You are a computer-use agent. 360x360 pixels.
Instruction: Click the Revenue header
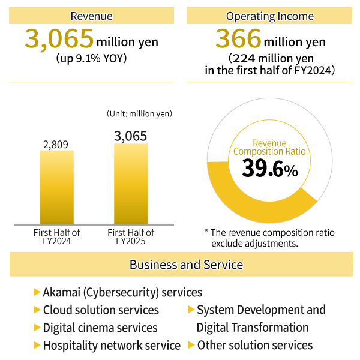pos(91,16)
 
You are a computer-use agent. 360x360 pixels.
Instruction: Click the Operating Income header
pos(269,16)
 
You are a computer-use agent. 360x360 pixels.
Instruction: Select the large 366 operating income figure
pos(238,40)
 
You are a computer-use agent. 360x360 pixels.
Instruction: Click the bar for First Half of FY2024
pos(56,187)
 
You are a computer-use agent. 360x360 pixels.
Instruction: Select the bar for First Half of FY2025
pos(131,184)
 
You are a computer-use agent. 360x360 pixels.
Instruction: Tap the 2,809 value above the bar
pos(56,144)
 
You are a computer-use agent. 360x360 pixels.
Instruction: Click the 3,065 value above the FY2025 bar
pos(131,137)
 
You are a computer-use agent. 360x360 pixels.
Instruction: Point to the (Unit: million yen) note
pos(139,113)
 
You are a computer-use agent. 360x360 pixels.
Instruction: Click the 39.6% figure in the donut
pos(269,169)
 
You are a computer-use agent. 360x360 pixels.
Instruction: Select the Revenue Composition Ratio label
pos(269,148)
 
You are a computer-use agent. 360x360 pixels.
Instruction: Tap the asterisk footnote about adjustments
pos(270,238)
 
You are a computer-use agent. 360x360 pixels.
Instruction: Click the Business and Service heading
pos(186,265)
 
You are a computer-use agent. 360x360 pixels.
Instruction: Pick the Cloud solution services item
pos(101,310)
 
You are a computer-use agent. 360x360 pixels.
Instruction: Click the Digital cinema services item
pos(100,328)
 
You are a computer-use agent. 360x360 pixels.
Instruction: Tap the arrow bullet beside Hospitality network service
pos(37,345)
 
